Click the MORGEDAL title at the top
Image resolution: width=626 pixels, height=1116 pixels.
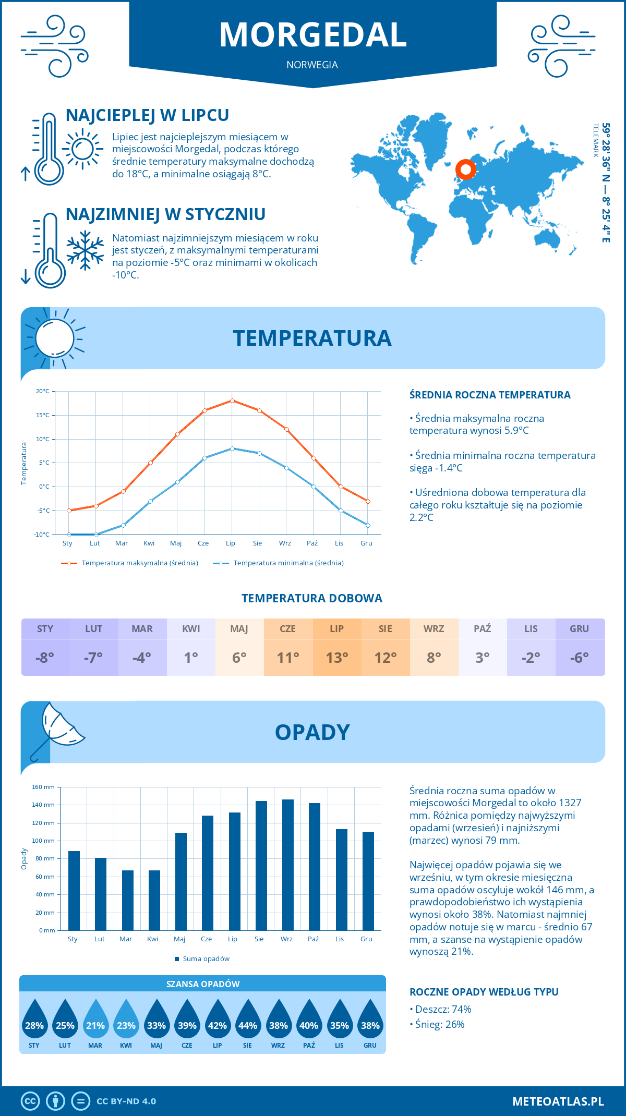pos(313,35)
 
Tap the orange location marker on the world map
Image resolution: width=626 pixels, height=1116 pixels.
pos(465,169)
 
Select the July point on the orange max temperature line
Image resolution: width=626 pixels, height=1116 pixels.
pos(232,401)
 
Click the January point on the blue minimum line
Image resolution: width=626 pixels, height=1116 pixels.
pos(69,535)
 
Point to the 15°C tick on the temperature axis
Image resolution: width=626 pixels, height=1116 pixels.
pos(43,415)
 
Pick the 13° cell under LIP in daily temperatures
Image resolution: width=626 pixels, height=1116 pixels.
pos(337,658)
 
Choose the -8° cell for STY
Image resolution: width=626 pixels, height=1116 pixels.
pos(45,658)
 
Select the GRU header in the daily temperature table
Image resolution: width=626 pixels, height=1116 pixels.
pos(580,629)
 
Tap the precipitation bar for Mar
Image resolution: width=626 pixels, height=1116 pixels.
pos(128,900)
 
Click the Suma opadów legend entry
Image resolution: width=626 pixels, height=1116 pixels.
pos(206,959)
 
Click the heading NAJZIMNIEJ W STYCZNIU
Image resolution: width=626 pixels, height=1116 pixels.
pos(165,214)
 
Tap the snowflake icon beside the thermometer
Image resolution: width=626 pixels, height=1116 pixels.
pos(85,250)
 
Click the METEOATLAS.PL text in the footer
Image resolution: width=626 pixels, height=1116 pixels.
pos(558,1101)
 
